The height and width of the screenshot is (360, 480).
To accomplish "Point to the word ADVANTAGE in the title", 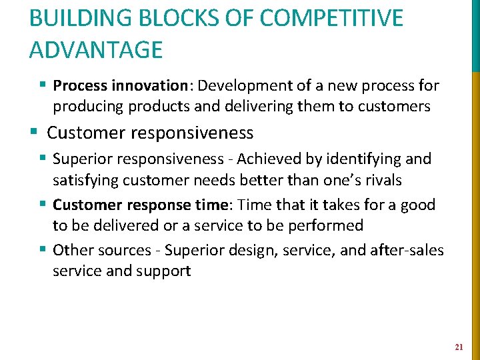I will click(x=96, y=50).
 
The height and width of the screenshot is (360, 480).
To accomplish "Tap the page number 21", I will click(x=459, y=347).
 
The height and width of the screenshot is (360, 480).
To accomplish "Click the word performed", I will click(x=327, y=225).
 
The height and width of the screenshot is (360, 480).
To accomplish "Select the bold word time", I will click(x=214, y=205).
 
